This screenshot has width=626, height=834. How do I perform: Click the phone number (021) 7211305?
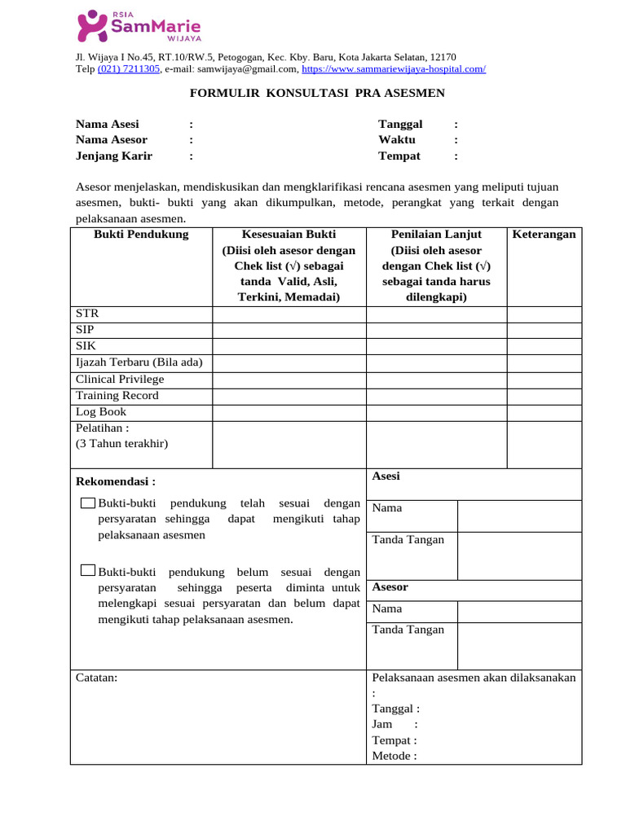coord(129,69)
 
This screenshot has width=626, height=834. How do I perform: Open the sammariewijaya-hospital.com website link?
coord(393,69)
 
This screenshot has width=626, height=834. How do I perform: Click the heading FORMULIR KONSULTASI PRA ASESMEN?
coord(317,93)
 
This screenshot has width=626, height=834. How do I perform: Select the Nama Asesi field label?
coord(107,125)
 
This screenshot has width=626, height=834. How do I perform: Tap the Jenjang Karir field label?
coord(113,156)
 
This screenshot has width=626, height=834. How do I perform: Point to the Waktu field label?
coord(396,140)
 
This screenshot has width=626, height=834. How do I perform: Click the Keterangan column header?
coord(544,235)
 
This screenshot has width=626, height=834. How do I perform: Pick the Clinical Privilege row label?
coord(119,380)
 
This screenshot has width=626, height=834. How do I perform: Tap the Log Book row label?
coord(101,412)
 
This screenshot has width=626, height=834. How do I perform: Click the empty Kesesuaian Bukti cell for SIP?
coord(289,330)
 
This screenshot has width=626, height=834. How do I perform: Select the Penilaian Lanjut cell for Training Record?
coord(436,396)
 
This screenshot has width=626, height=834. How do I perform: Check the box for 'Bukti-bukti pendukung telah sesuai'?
coord(89,503)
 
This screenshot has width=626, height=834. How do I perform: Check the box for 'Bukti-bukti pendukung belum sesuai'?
coord(89,572)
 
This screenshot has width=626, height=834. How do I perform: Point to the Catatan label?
coord(96,678)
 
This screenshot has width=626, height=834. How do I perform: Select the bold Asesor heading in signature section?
coord(390,587)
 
